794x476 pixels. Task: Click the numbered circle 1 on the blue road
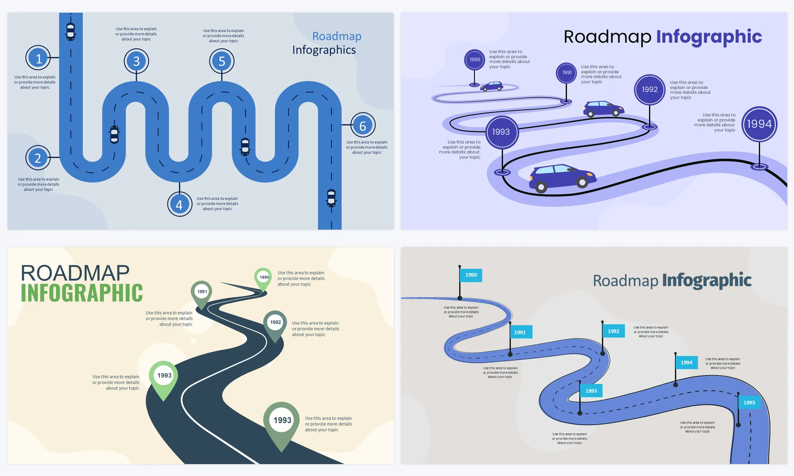(38, 58)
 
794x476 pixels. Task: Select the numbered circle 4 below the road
(179, 204)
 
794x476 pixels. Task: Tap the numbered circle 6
(362, 125)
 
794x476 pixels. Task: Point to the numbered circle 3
(136, 61)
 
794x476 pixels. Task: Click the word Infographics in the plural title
(324, 50)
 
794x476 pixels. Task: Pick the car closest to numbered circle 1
(71, 31)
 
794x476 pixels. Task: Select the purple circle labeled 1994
(759, 124)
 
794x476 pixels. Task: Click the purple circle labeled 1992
(649, 90)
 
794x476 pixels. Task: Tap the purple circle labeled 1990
(474, 60)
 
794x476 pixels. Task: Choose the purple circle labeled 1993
(501, 132)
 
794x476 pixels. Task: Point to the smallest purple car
(491, 86)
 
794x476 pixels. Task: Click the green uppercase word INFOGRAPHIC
(82, 293)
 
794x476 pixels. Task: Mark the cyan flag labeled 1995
(749, 403)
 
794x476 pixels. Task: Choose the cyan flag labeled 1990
(471, 275)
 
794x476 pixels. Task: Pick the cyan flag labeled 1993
(591, 391)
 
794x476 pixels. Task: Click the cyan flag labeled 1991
(520, 332)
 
